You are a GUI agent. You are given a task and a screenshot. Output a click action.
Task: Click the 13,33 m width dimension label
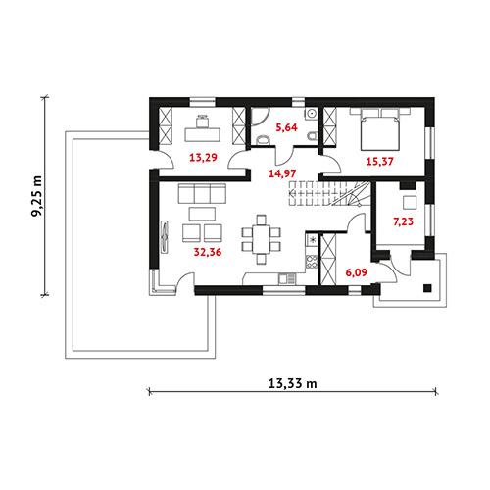(x=292, y=383)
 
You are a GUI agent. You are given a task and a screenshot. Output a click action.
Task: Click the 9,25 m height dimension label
(x=37, y=196)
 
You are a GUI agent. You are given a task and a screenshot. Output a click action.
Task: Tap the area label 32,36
(x=208, y=252)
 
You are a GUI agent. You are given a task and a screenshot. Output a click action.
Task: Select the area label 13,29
(x=203, y=158)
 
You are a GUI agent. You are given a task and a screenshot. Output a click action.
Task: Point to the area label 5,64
(x=286, y=127)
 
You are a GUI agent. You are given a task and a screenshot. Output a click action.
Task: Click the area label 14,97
(x=282, y=173)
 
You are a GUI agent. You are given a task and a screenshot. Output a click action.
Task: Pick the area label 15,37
(x=379, y=161)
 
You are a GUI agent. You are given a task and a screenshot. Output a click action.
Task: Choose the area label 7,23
(x=403, y=221)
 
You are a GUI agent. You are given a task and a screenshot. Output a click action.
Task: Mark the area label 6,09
(x=356, y=272)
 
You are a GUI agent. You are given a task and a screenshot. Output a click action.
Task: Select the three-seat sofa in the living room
(x=202, y=193)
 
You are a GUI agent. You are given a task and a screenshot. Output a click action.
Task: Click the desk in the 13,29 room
(x=202, y=134)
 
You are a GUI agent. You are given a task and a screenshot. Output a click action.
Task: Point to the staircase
(x=329, y=194)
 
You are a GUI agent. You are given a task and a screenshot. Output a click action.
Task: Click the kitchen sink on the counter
(x=287, y=278)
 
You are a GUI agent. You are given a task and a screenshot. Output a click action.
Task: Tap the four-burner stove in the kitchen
(x=312, y=262)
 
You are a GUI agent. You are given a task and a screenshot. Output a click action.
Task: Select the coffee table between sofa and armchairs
(x=202, y=214)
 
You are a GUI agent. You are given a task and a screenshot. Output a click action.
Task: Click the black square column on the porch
(x=427, y=288)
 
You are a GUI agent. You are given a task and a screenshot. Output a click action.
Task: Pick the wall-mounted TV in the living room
(x=165, y=237)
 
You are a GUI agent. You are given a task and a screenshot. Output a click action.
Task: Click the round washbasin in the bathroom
(x=312, y=113)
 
